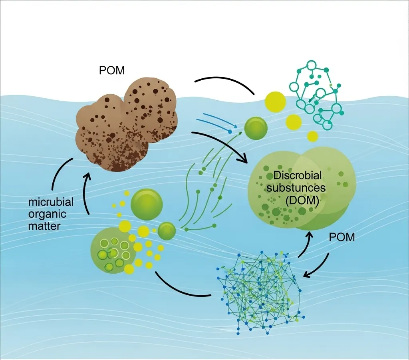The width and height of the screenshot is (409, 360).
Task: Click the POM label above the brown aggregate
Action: tap(111, 71)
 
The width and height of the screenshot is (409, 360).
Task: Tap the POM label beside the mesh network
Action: tap(342, 237)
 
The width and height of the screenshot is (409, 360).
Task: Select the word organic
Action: tap(48, 215)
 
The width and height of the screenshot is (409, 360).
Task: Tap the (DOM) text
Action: tap(302, 201)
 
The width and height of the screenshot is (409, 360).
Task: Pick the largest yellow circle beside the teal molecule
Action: tap(275, 101)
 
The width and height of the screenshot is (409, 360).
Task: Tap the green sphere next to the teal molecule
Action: tap(256, 128)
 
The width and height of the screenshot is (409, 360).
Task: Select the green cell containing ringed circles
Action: tap(111, 252)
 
